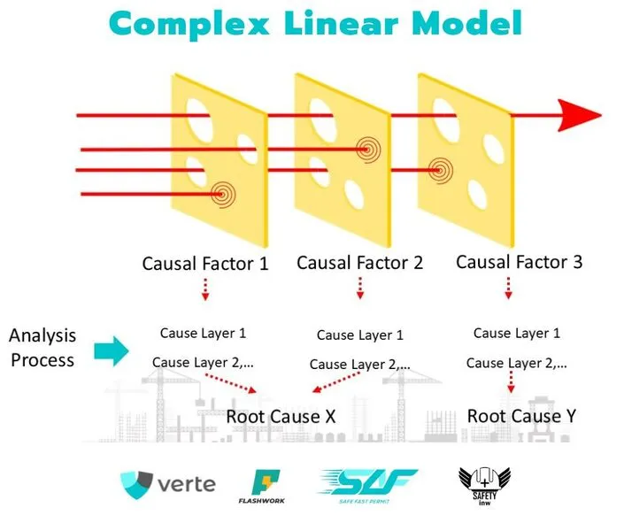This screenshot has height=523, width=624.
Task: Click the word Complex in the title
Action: [x=189, y=24]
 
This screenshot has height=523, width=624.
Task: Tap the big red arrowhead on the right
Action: [x=580, y=115]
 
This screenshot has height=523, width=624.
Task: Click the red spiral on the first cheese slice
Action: [x=222, y=195]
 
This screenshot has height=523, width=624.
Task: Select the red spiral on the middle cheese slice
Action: [x=368, y=150]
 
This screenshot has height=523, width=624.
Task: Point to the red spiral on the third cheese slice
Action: [x=441, y=171]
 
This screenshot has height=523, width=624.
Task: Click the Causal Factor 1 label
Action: [x=205, y=264]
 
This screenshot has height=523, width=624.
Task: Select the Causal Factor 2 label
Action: [x=359, y=263]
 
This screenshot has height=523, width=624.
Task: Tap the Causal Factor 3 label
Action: [x=520, y=262]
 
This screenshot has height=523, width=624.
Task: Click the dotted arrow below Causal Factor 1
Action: [x=205, y=289]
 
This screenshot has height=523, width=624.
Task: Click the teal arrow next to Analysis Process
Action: [x=112, y=351]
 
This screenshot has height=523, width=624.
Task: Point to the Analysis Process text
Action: [x=42, y=348]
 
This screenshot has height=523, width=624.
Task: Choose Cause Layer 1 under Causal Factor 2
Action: [x=360, y=335]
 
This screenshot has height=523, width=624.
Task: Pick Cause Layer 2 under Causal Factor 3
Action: [x=517, y=363]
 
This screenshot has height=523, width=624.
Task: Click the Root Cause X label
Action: [x=281, y=417]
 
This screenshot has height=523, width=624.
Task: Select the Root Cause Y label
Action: [x=521, y=416]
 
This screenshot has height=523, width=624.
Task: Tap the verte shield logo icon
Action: [x=136, y=485]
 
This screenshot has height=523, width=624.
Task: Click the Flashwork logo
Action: [x=262, y=487]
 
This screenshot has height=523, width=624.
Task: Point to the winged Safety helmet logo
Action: [x=484, y=487]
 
